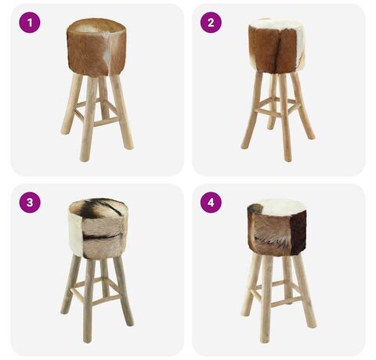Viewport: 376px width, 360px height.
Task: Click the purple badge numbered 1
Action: point(30,22)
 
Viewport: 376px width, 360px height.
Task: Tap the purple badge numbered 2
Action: point(211,22)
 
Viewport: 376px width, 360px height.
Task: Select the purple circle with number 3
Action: point(30,203)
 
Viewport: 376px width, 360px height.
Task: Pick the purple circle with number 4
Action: point(211,203)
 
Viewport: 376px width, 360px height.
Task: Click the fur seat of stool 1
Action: point(96,47)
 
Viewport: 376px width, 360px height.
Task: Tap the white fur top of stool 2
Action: point(277,24)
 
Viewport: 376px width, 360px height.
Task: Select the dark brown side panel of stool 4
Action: point(298,232)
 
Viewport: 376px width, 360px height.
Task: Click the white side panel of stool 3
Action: point(76,232)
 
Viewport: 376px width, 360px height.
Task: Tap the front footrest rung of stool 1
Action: point(107,121)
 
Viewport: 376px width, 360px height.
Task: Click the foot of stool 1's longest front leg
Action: point(85,158)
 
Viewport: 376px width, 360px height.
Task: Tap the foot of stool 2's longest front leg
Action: point(287,158)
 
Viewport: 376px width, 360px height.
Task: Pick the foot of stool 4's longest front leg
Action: point(265,339)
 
